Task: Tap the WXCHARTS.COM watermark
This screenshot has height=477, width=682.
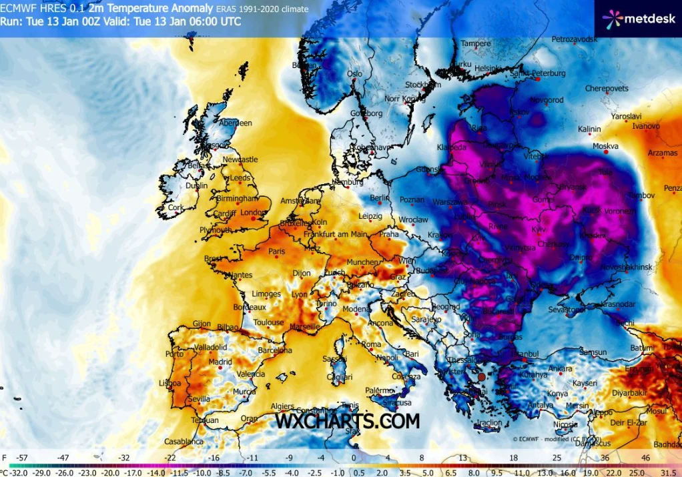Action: click(348, 421)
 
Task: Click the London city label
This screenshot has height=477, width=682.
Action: click(253, 213)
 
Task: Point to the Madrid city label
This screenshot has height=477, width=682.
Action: click(220, 362)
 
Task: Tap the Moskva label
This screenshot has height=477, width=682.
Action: click(605, 146)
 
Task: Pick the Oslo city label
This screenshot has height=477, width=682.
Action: click(354, 74)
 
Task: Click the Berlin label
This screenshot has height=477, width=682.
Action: click(379, 198)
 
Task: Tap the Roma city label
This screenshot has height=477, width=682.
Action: click(371, 344)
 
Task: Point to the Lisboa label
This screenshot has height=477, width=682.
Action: click(169, 384)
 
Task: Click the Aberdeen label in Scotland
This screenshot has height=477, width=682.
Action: click(236, 123)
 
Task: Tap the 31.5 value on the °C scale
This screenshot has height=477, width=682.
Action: click(670, 471)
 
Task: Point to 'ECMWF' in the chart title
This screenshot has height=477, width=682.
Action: click(18, 9)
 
